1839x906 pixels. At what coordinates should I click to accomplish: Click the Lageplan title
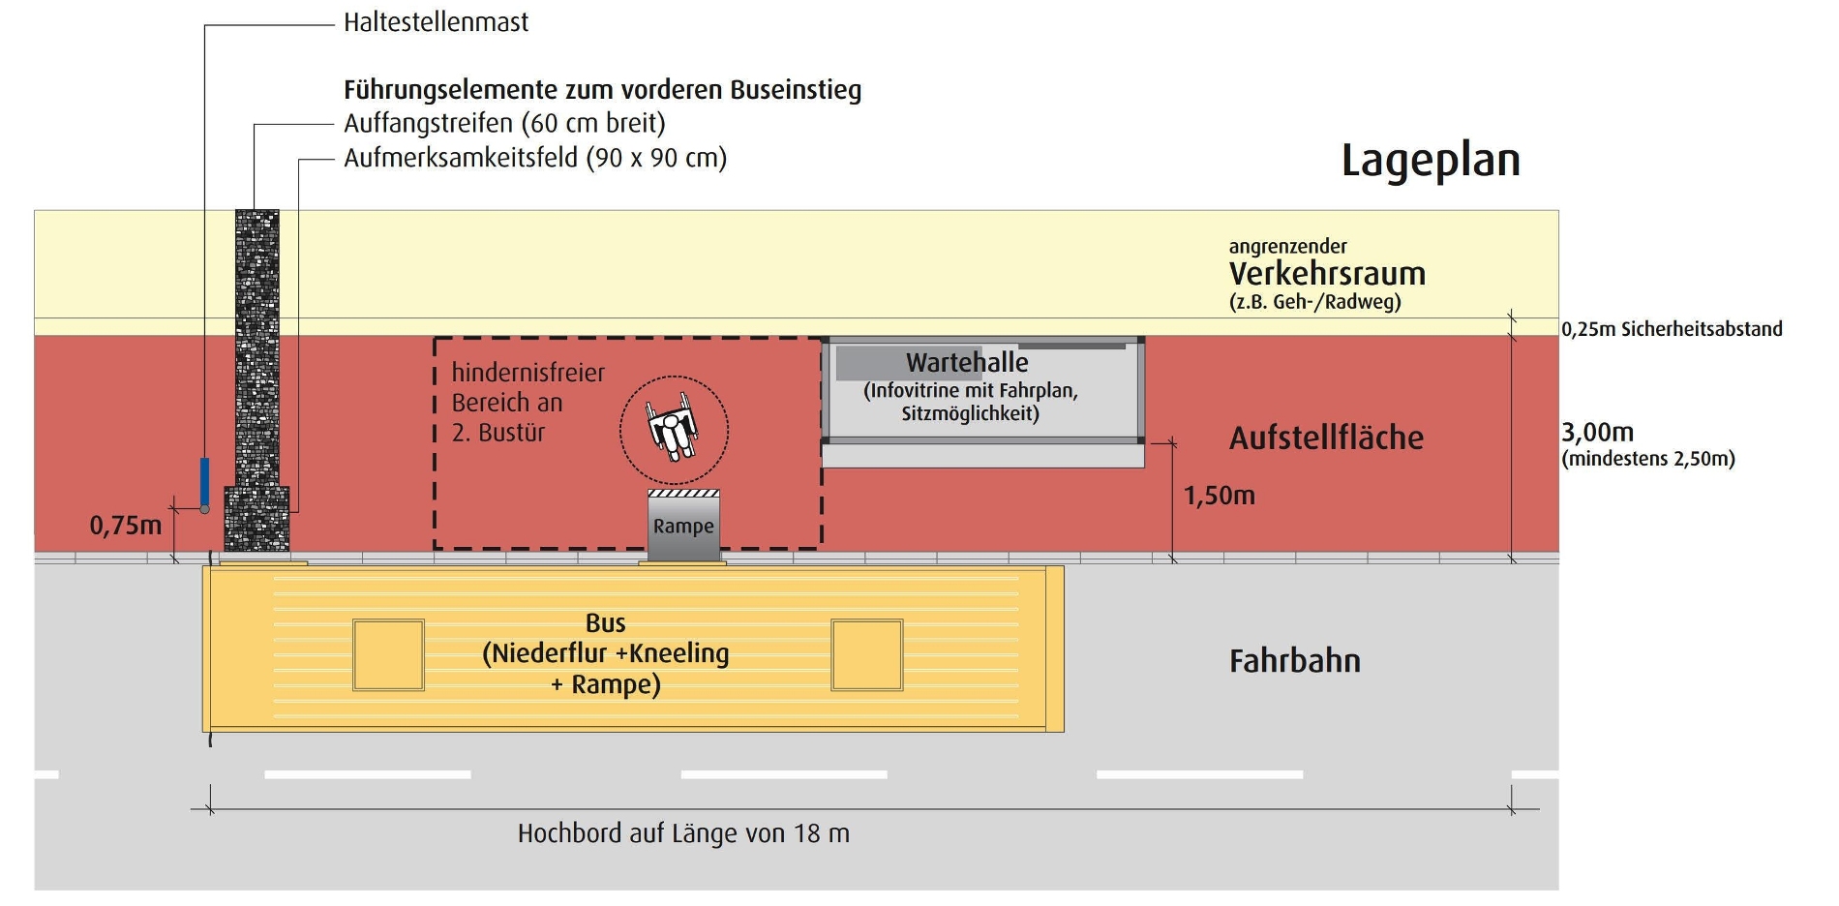(1431, 161)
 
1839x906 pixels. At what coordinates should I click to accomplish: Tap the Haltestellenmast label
(436, 22)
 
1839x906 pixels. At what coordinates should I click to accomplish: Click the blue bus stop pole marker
(204, 482)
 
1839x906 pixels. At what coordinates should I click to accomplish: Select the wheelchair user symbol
(674, 430)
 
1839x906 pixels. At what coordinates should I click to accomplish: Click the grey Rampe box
(683, 526)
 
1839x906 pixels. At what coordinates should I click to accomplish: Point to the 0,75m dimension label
(125, 526)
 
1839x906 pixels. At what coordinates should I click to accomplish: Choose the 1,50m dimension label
(1219, 496)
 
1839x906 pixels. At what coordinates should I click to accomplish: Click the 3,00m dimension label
(1597, 432)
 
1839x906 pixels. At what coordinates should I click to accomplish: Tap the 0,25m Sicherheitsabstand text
(1672, 329)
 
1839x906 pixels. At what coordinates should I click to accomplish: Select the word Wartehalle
(967, 363)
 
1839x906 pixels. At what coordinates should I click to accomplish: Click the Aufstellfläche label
(1326, 438)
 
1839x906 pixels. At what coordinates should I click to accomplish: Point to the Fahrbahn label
(1295, 661)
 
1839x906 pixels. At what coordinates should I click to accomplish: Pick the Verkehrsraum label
(1327, 274)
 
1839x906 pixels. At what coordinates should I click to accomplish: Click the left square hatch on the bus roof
(388, 655)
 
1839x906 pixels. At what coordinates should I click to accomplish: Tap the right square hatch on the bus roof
(867, 655)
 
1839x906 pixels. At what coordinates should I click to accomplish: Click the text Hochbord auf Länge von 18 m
(683, 833)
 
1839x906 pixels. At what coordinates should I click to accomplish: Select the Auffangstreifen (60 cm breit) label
(504, 124)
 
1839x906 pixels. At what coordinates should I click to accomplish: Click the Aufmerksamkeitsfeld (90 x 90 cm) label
(535, 158)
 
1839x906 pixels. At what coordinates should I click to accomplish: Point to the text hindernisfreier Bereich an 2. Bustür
(528, 402)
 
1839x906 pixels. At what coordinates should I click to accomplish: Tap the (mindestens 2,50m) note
(1648, 459)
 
